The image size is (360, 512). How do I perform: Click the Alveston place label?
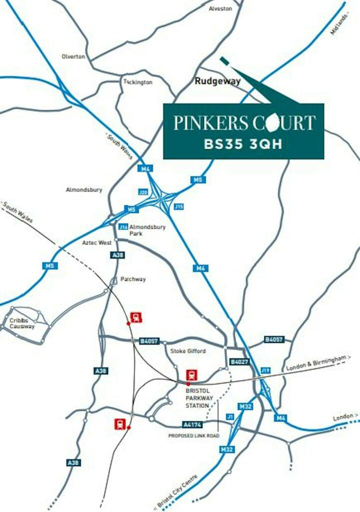point(220,8)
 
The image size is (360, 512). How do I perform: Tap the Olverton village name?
point(73,56)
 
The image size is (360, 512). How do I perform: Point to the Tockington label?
point(138,82)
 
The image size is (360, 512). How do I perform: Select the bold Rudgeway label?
point(217,81)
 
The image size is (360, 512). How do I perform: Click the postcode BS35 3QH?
point(243,144)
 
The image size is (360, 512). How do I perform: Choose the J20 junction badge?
point(143,192)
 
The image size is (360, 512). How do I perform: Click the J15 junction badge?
point(178,206)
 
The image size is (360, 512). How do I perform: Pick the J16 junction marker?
point(123,227)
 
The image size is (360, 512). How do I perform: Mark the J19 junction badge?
point(265,370)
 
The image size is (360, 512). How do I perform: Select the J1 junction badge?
point(230,416)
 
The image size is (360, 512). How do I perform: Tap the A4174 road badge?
point(192,424)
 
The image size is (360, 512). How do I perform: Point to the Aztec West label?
point(97,242)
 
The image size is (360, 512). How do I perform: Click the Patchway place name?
point(133,279)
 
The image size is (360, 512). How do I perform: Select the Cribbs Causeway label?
point(22,323)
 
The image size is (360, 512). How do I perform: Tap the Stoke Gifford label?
point(188,351)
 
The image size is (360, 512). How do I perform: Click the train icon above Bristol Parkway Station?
point(191,374)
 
